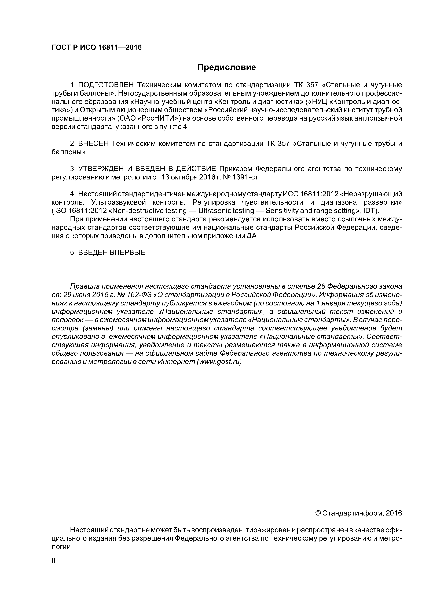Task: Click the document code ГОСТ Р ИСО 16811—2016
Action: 97,48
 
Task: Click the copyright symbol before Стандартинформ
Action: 318,513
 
